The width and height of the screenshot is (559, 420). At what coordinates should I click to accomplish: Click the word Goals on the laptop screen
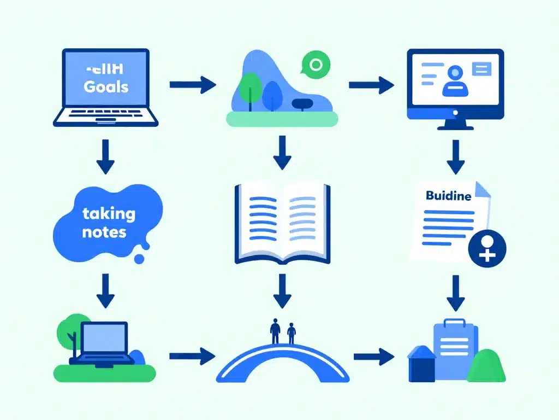click(x=106, y=86)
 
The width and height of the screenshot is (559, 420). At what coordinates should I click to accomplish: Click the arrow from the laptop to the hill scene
click(x=193, y=85)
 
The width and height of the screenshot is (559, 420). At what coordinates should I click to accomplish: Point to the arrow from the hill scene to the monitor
click(x=371, y=85)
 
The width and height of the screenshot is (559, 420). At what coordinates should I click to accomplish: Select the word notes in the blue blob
click(x=104, y=232)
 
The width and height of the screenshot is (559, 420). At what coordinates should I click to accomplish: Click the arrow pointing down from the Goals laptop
click(x=105, y=157)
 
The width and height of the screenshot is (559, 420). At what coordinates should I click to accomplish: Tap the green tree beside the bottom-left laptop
click(x=69, y=331)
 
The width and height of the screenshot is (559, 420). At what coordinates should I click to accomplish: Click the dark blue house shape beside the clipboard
click(x=421, y=365)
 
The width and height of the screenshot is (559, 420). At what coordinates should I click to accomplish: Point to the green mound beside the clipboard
click(x=486, y=365)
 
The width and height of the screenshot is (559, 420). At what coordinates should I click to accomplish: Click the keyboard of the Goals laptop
click(x=105, y=116)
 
